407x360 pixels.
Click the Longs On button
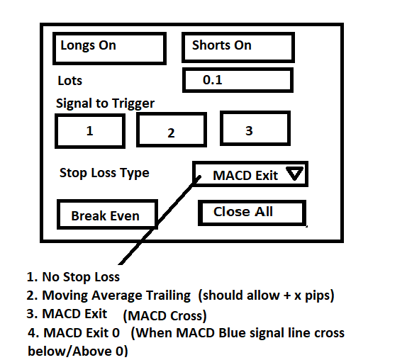point(109,48)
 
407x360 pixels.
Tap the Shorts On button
point(238,47)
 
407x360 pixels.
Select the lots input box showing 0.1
point(238,80)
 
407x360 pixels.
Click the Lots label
point(69,80)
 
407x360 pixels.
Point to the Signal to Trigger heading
point(105,103)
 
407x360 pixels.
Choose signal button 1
point(90,131)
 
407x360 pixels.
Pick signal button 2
point(172,130)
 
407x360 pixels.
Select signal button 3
point(255,128)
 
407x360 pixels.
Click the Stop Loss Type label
point(104,173)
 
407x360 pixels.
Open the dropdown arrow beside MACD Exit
point(294,173)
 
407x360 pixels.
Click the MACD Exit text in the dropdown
point(245,176)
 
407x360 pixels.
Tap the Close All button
point(252,213)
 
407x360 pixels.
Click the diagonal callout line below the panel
point(160,220)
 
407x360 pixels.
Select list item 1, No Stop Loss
point(73,277)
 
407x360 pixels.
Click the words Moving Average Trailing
point(116,296)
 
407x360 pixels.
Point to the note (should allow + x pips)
point(266,296)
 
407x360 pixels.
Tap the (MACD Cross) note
point(165,316)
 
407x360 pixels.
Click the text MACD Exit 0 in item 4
point(82,333)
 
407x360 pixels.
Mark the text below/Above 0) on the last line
point(78,351)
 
